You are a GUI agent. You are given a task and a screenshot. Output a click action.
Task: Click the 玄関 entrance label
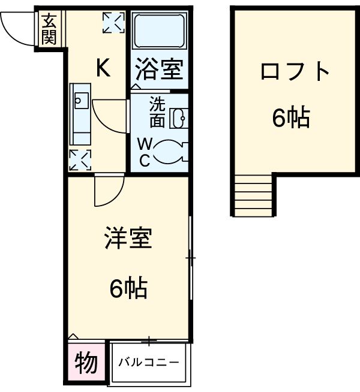tap(50, 29)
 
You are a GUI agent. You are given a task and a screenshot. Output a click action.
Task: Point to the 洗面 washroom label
tap(157, 111)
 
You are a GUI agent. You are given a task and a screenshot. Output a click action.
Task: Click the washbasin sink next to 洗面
tap(179, 118)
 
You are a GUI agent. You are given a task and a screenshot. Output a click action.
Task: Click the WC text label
tap(145, 152)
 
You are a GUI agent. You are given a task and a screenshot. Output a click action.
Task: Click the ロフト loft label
tap(295, 72)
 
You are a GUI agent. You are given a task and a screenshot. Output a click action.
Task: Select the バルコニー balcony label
tap(148, 362)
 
